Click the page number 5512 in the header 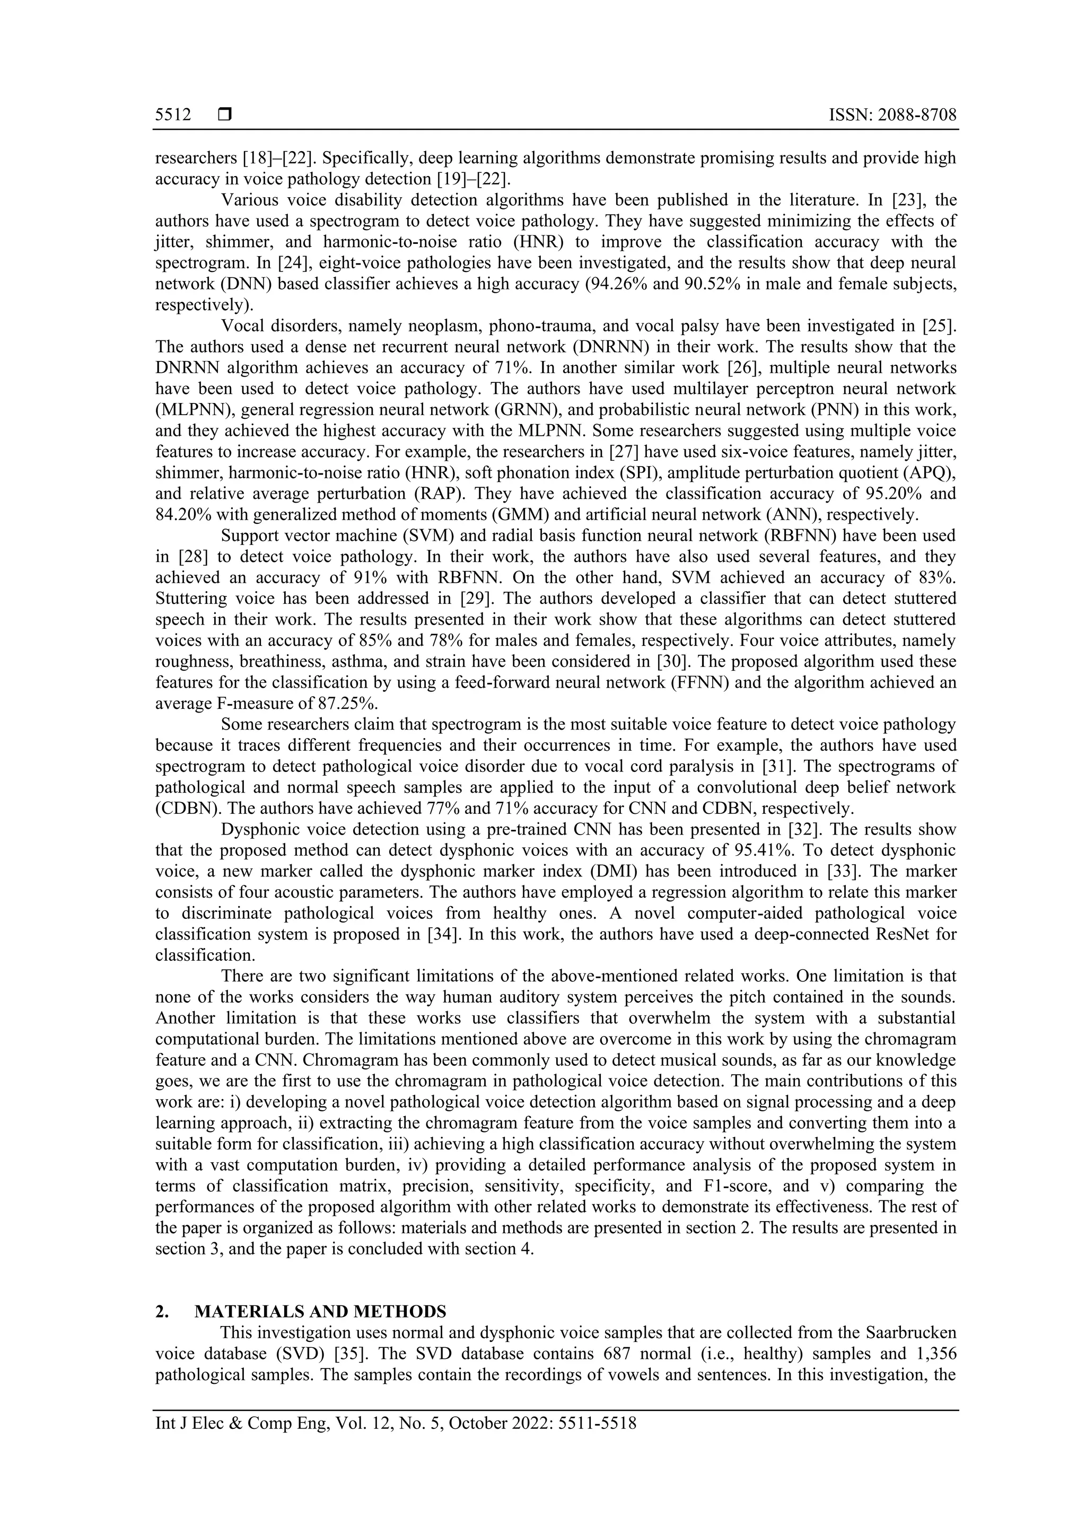(173, 115)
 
